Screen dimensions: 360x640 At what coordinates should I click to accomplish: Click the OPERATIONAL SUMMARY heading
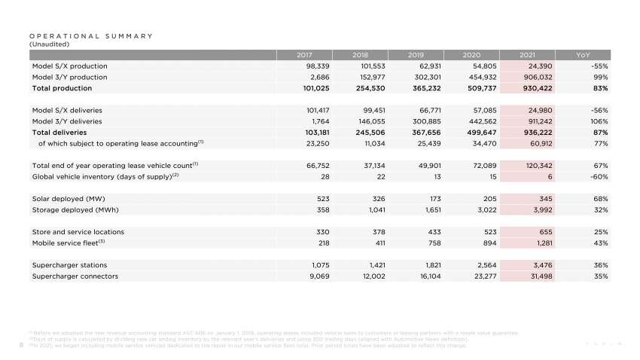click(90, 35)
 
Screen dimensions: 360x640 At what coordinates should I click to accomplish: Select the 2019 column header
click(416, 55)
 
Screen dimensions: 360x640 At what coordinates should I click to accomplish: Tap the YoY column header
click(583, 55)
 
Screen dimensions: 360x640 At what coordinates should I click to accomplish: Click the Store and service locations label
click(78, 232)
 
